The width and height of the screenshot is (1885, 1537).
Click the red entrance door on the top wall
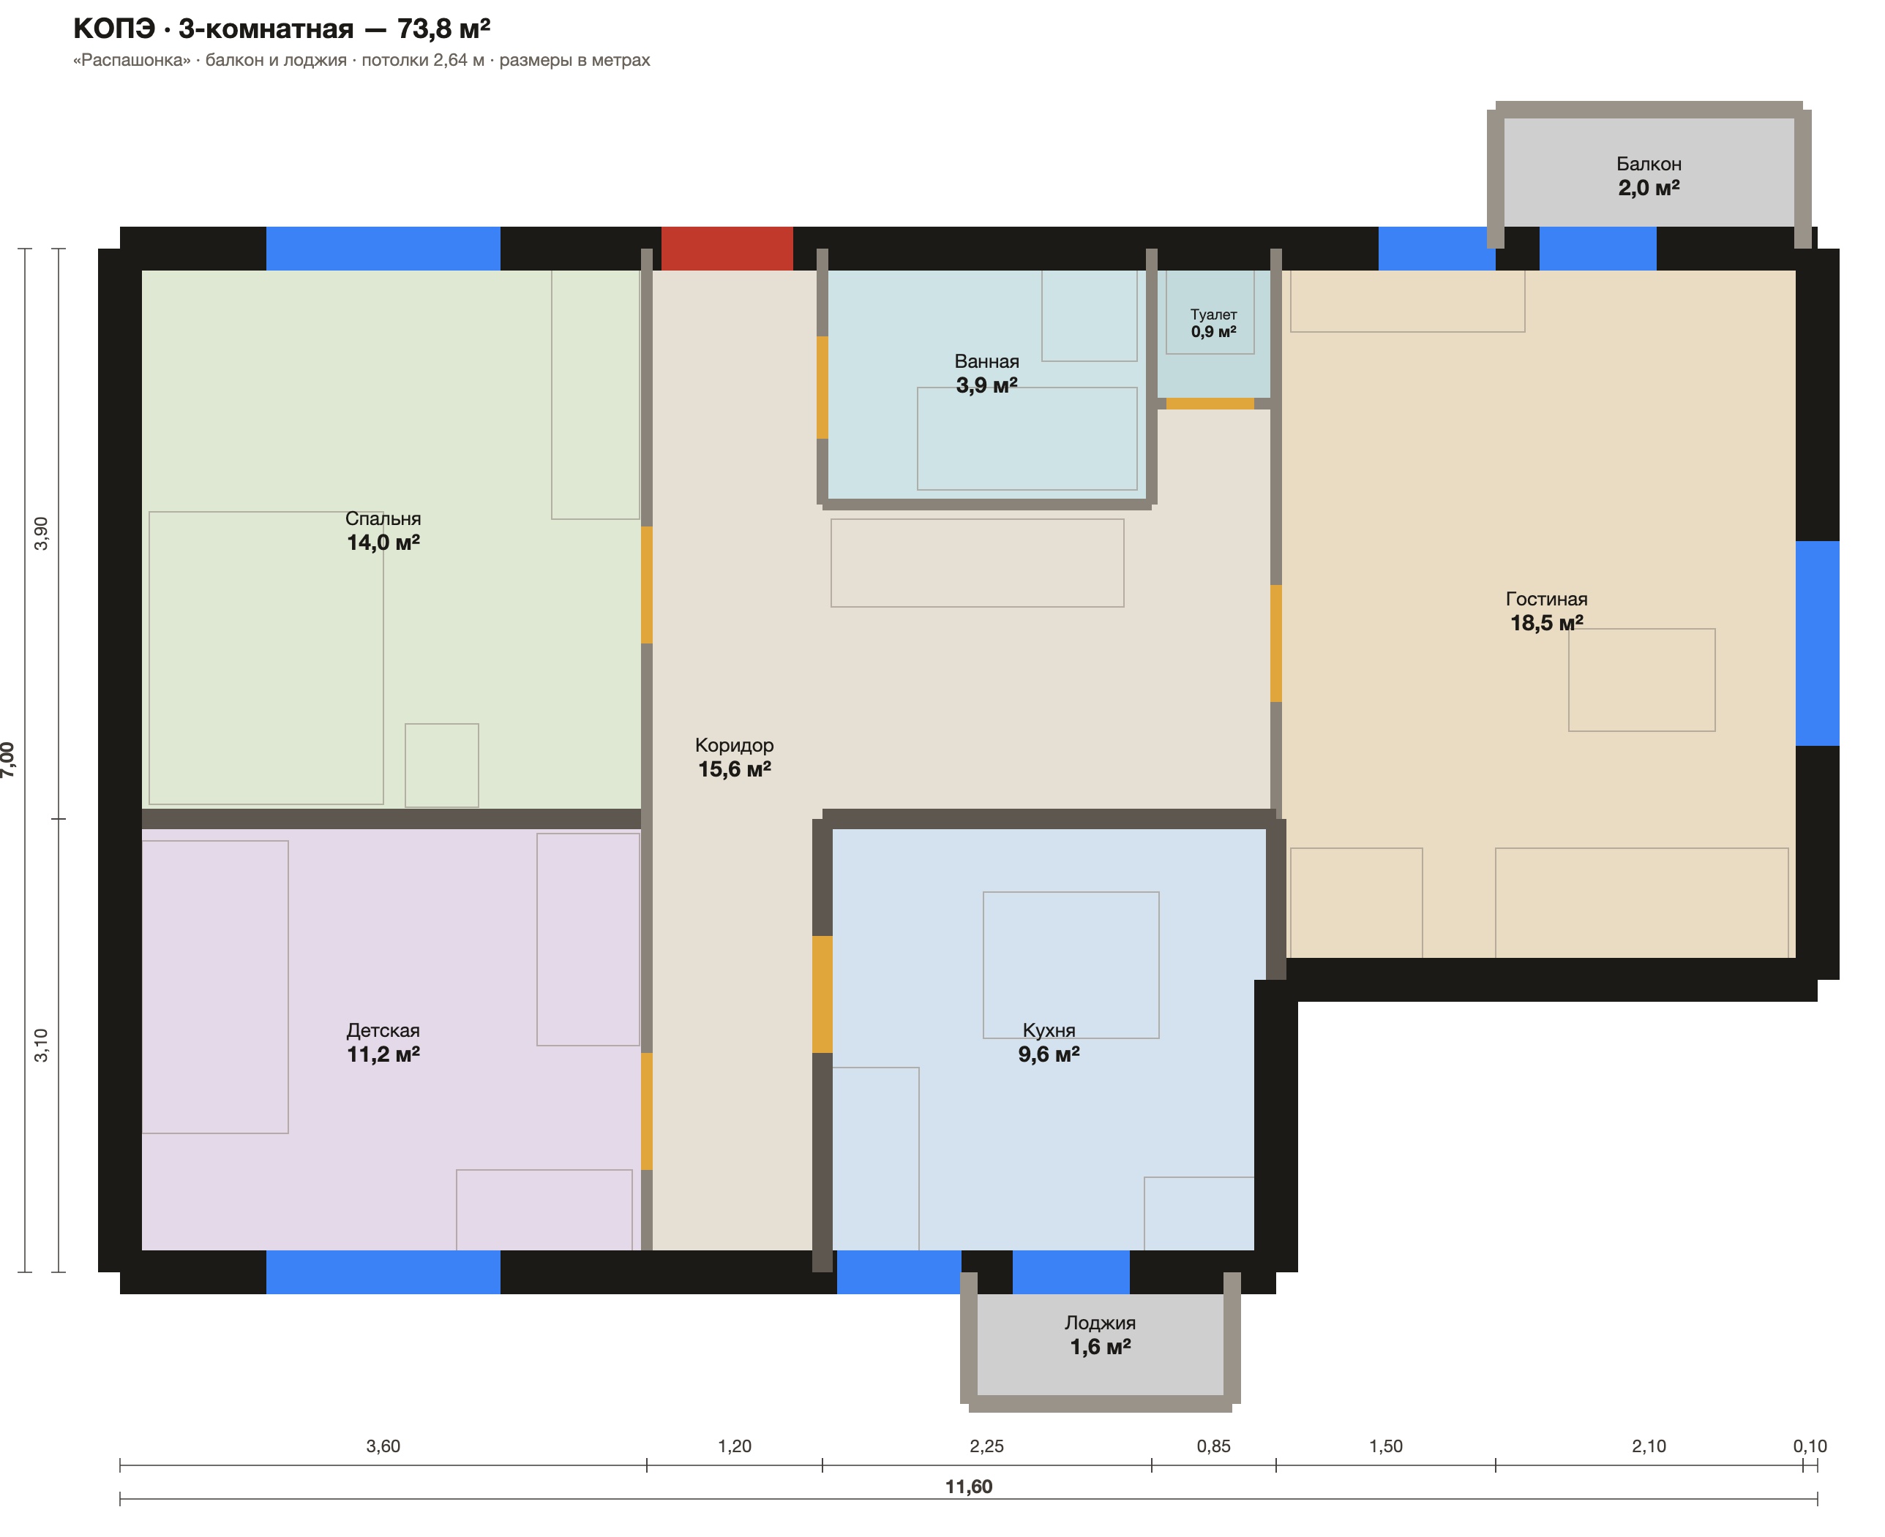click(x=727, y=248)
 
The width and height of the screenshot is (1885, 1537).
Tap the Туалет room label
click(x=1213, y=314)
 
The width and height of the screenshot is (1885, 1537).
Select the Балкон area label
click(x=1649, y=164)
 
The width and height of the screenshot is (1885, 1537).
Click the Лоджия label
click(x=1099, y=1323)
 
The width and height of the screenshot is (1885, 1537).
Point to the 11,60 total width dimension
click(x=968, y=1487)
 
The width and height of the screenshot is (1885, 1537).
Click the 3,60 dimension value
click(x=383, y=1446)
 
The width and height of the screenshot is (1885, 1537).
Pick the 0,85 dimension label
click(x=1213, y=1446)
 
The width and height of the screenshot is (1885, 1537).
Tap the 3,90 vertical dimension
click(x=41, y=533)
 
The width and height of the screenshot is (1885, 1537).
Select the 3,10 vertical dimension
click(x=41, y=1046)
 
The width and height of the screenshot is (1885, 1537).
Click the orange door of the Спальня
click(x=647, y=584)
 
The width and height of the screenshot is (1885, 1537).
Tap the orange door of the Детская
click(x=647, y=1111)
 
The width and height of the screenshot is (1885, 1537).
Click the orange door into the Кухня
click(x=822, y=994)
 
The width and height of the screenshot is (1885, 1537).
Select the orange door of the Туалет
click(x=1210, y=404)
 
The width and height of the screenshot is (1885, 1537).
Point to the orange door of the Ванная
click(x=822, y=387)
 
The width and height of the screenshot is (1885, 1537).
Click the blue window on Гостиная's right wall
click(x=1817, y=643)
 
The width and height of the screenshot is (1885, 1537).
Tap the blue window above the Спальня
click(x=383, y=248)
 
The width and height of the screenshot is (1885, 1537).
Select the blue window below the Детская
click(x=383, y=1272)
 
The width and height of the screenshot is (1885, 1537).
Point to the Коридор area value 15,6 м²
click(x=735, y=769)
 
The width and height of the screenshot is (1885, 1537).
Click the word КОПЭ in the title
click(x=113, y=29)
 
